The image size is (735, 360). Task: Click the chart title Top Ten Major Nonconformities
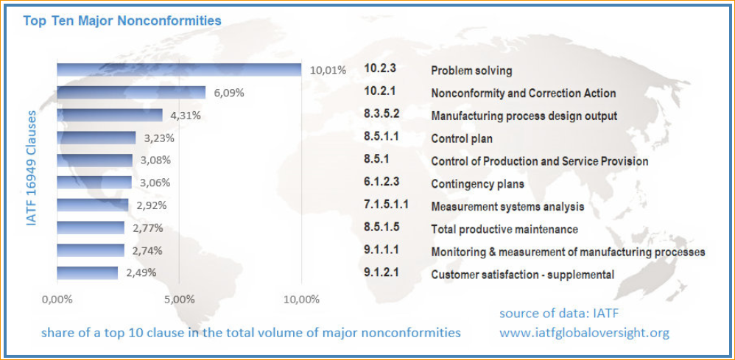(122, 21)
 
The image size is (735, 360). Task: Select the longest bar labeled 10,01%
(179, 70)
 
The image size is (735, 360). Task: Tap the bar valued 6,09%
(131, 93)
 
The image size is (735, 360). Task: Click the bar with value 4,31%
(110, 116)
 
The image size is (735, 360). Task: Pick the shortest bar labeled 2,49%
(87, 273)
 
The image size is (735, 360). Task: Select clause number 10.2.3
(380, 69)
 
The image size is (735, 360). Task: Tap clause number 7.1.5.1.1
(386, 205)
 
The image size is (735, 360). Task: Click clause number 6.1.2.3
(380, 183)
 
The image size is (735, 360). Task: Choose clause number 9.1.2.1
(380, 274)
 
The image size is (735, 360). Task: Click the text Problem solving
(471, 71)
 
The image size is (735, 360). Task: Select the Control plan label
(462, 138)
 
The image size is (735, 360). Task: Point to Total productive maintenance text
(504, 229)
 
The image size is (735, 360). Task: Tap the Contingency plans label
(477, 183)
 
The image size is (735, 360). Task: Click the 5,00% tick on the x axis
(179, 300)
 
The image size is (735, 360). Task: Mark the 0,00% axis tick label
(57, 300)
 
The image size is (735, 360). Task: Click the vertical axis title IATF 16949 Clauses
(32, 169)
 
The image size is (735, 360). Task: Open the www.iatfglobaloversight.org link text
(584, 333)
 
